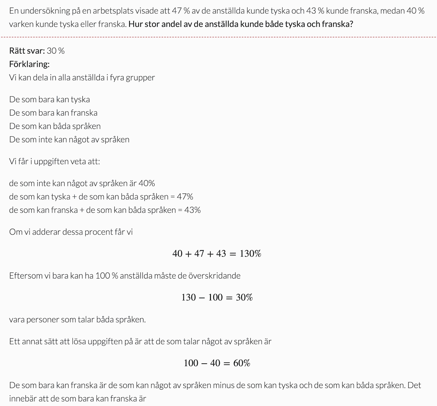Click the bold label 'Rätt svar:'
[27, 51]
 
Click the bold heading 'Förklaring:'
[29, 64]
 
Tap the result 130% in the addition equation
[250, 254]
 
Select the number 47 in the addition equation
[199, 254]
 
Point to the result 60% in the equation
[242, 363]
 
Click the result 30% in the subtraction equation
[244, 297]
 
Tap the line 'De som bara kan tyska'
[49, 99]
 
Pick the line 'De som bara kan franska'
[53, 113]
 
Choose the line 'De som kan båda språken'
[55, 126]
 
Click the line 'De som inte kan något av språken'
[69, 140]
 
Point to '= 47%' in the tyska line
[182, 197]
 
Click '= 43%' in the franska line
[189, 210]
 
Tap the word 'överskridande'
[214, 276]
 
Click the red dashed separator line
[218, 37]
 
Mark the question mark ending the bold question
[351, 24]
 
